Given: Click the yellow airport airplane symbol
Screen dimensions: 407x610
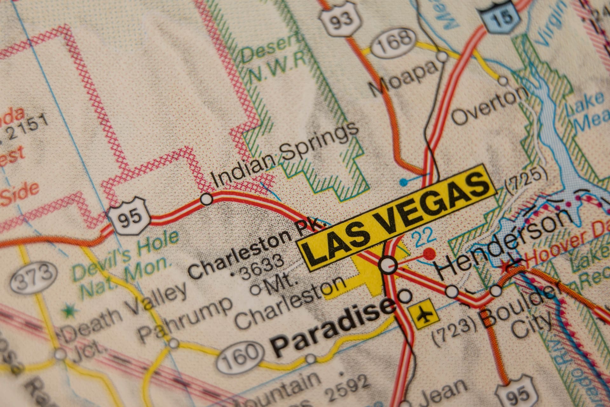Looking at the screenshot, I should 424,314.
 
